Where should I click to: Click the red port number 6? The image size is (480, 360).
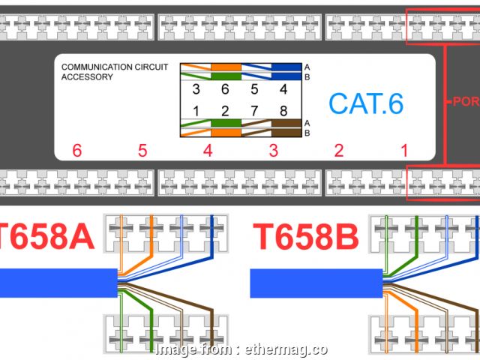click(x=77, y=151)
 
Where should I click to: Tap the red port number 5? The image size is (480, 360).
click(x=142, y=151)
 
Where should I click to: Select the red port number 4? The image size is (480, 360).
click(x=208, y=151)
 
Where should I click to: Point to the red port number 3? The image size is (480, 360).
click(x=274, y=151)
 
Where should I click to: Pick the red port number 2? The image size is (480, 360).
click(x=339, y=151)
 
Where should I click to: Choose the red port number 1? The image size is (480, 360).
click(x=404, y=151)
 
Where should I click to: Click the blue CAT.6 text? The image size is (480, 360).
click(x=366, y=103)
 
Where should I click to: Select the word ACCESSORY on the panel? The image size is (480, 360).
click(x=87, y=76)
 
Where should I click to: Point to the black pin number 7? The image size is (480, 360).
click(x=254, y=112)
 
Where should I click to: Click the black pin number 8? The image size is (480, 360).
click(x=283, y=112)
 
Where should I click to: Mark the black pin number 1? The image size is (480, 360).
click(x=196, y=112)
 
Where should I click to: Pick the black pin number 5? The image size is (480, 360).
click(x=254, y=89)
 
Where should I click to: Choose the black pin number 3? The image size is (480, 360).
click(x=196, y=89)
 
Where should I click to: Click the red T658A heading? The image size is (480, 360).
click(x=46, y=238)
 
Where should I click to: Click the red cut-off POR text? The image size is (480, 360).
click(x=466, y=100)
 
